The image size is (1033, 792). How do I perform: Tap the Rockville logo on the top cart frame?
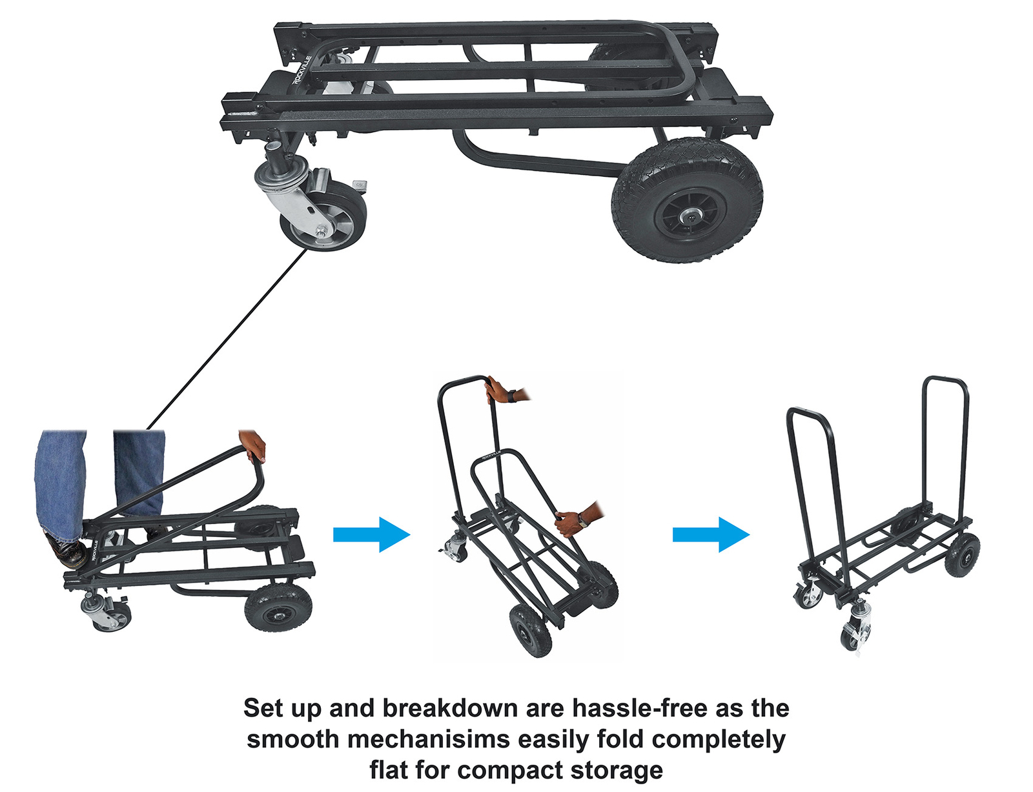(x=302, y=70)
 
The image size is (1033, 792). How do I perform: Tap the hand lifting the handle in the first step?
(x=253, y=445)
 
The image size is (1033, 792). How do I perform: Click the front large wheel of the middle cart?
(x=531, y=630)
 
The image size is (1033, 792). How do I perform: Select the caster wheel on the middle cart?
(x=455, y=548)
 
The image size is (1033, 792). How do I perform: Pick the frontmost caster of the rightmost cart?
(x=855, y=636)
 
